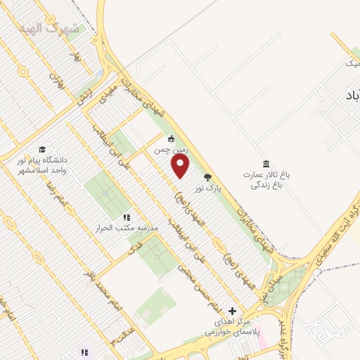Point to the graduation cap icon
tap(43, 150)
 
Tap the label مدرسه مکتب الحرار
tap(128, 229)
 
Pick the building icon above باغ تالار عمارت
tap(265, 164)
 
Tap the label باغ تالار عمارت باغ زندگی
tap(266, 180)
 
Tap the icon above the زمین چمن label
tap(169, 138)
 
